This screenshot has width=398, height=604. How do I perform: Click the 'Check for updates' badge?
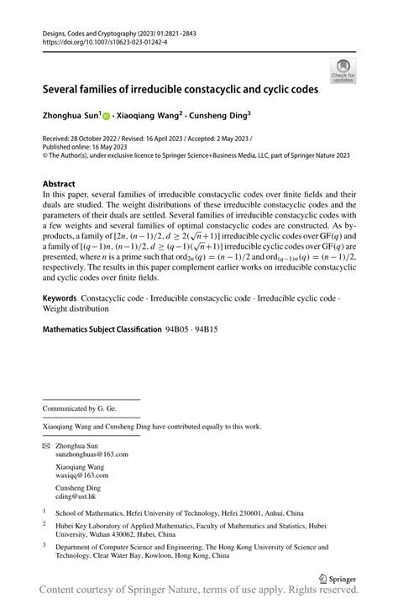click(x=343, y=70)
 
